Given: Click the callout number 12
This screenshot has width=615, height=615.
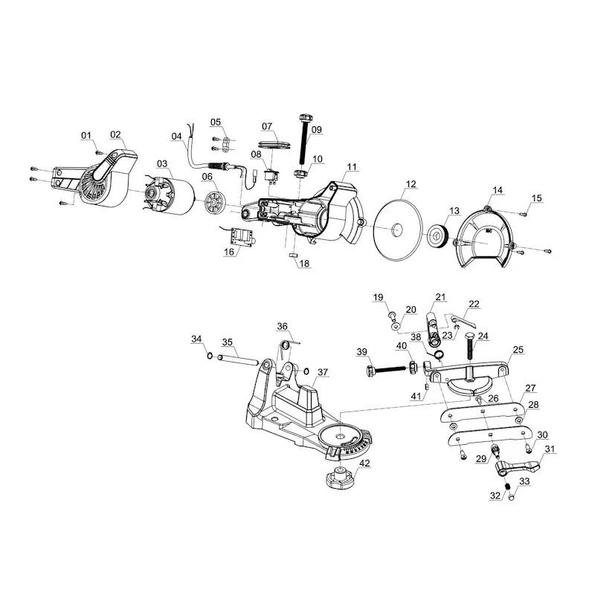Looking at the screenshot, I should (410, 183).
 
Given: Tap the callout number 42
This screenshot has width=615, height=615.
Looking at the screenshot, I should (364, 464).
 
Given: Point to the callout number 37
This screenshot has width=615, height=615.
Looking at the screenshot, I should (322, 371).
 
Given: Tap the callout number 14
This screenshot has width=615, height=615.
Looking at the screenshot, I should (497, 191).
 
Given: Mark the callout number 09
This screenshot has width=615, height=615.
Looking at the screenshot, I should (316, 129).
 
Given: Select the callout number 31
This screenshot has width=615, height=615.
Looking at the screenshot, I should (550, 449).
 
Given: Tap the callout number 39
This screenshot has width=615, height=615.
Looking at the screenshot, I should (361, 351).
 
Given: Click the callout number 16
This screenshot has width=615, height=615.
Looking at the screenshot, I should (228, 253).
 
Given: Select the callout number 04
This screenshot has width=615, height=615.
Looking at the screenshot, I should (176, 136).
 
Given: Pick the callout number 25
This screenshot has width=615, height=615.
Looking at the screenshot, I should (518, 349).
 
